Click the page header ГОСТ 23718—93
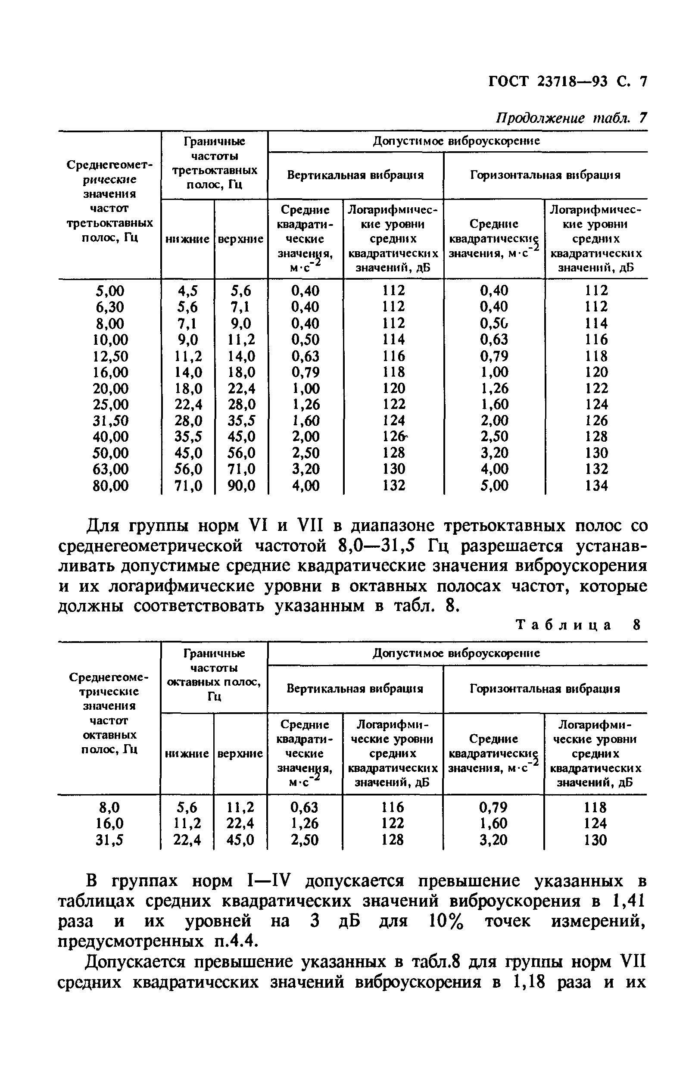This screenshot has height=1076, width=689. click(548, 81)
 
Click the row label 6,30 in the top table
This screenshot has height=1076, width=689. click(110, 307)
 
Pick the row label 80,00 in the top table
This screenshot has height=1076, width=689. click(110, 486)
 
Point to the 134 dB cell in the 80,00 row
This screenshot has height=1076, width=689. click(596, 486)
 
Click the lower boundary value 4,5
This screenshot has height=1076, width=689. click(187, 291)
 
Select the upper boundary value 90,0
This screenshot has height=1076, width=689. click(241, 486)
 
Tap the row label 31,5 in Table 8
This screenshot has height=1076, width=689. click(109, 840)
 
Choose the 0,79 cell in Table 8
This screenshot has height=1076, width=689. click(494, 808)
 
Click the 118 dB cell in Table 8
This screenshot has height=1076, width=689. click(595, 808)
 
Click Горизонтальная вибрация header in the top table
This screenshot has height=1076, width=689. click(545, 175)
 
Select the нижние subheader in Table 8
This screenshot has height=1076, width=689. click(187, 754)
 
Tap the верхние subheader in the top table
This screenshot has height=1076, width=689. click(241, 239)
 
